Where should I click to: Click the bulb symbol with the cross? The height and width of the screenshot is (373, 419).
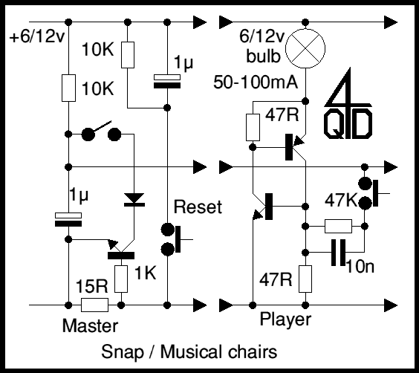[x=305, y=48]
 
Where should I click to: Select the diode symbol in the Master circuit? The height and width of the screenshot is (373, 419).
[x=134, y=200]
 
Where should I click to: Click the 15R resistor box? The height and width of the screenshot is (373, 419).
[x=94, y=305]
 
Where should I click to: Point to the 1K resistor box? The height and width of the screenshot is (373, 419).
[x=121, y=279]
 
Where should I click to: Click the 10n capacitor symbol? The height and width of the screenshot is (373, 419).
[x=338, y=253]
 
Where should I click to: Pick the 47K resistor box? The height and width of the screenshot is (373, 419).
[x=338, y=227]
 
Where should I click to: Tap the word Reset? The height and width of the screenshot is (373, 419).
[x=198, y=207]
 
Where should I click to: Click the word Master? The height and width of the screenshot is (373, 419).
[x=90, y=325]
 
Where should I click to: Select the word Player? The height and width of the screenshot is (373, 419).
[x=285, y=320]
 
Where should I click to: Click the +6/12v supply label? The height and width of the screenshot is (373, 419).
[x=37, y=36]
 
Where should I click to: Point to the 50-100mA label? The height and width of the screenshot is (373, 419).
[x=256, y=82]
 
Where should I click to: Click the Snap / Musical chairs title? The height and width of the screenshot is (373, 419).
[x=189, y=352]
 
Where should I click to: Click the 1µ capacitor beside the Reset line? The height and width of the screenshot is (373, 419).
[x=167, y=81]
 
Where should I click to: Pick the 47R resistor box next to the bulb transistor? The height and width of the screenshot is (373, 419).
[x=253, y=127]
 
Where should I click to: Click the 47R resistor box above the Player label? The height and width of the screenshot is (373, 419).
[x=305, y=279]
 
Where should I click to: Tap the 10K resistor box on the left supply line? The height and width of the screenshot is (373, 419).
[x=68, y=88]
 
